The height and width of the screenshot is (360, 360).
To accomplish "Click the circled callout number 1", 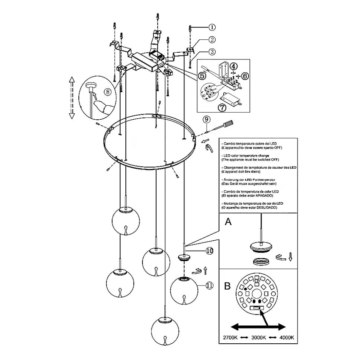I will click(212, 27).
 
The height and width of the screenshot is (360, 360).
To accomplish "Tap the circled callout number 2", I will click(212, 39).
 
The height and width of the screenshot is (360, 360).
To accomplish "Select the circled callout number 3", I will click(212, 52).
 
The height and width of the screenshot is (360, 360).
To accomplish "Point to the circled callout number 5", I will click(202, 76).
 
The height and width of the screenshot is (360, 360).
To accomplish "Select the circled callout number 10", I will click(210, 251).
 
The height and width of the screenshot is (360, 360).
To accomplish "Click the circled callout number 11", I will click(210, 285).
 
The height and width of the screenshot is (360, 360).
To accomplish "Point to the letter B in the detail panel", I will click(228, 287).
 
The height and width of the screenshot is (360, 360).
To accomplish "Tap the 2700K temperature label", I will click(230, 338).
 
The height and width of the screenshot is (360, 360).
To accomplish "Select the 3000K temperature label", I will click(259, 338).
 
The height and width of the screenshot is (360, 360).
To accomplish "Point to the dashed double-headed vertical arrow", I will click(72, 98).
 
